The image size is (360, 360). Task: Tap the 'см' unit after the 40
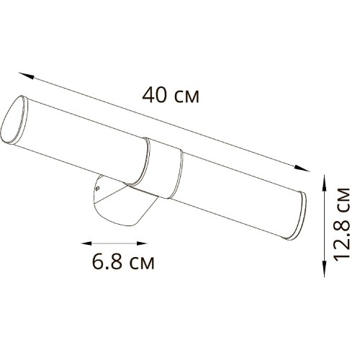click(186, 96)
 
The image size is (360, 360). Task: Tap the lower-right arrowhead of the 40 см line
click(305, 168)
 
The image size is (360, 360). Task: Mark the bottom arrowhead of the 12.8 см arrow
click(322, 261)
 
